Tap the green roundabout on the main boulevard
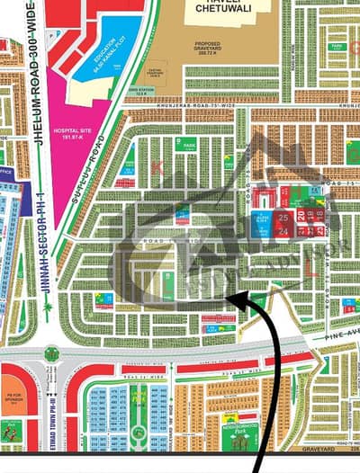(x=52, y=353)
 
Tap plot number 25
(x=283, y=218)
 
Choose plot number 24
(x=283, y=231)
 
